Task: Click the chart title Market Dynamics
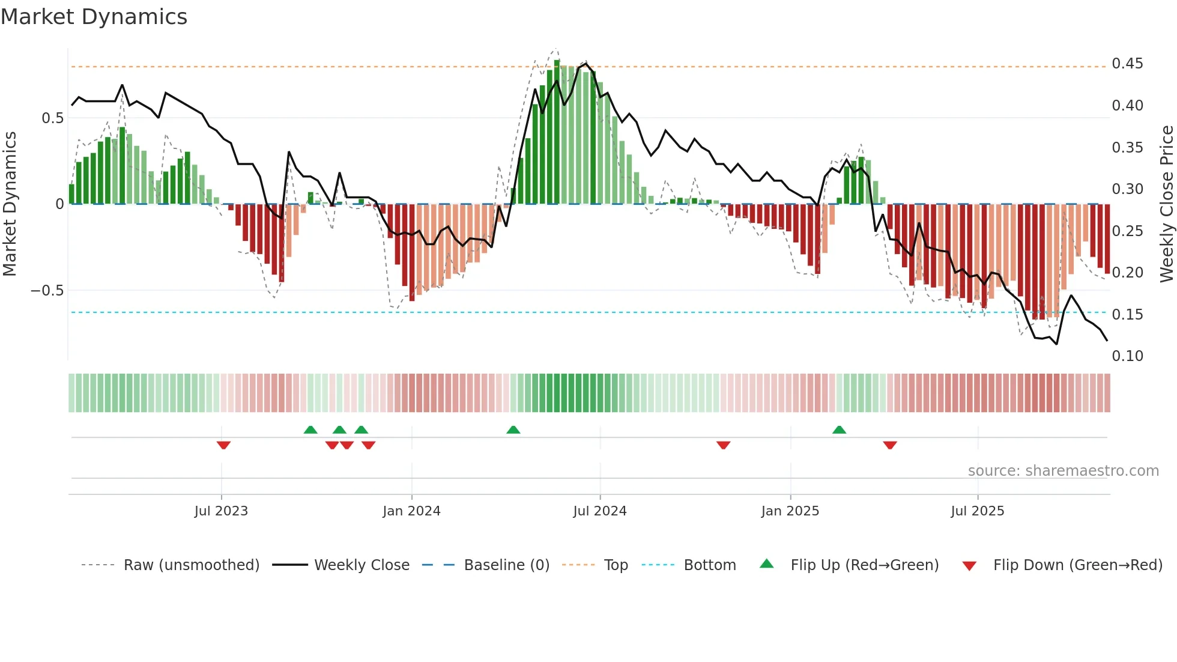point(94,17)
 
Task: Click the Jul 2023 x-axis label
point(221,511)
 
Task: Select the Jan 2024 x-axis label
point(411,511)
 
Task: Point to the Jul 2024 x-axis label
point(599,511)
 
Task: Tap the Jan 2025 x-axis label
point(790,511)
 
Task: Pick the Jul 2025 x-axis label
point(977,511)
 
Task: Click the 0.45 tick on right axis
point(1127,64)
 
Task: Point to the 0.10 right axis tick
point(1127,356)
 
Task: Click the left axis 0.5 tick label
point(52,118)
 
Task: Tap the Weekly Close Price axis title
point(1166,204)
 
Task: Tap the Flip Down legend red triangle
point(969,566)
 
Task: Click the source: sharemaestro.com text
point(1063,471)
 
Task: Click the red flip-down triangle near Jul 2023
point(223,445)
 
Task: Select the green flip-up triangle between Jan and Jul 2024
point(513,430)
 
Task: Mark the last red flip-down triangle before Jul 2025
point(890,445)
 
